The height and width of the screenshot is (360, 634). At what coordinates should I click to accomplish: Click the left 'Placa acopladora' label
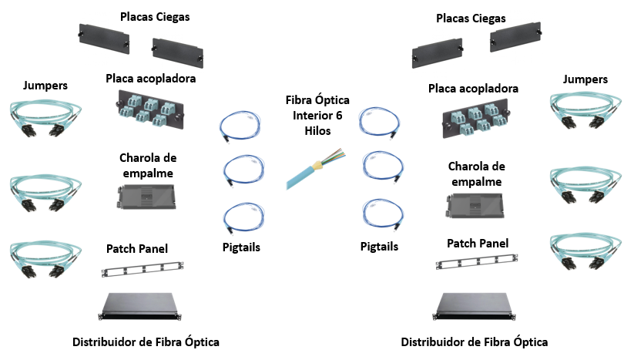151,79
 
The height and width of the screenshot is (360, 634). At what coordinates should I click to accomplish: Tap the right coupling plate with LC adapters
475,119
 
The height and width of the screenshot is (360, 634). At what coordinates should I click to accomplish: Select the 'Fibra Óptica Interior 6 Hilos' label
317,116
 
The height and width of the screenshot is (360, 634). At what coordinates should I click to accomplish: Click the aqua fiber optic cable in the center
316,169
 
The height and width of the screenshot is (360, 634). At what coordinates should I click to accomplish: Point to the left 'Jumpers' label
45,86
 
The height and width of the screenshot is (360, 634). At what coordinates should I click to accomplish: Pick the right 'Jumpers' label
585,79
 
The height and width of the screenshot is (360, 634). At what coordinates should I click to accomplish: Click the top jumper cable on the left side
45,119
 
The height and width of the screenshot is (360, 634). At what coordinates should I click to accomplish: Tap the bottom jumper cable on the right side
586,251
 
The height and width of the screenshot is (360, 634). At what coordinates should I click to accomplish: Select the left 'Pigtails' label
241,247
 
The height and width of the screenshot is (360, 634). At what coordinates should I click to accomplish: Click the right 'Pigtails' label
379,247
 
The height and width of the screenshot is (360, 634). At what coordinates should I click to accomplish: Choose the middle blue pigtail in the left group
243,170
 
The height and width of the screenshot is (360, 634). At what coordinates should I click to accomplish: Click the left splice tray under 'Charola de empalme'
146,197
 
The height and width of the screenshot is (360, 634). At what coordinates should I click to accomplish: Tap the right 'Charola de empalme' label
477,174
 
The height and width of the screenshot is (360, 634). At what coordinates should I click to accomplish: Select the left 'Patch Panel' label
137,249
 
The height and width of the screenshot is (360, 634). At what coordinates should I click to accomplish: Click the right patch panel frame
477,261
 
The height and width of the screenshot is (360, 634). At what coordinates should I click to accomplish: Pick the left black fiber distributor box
140,307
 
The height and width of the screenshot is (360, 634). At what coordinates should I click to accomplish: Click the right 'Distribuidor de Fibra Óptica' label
475,342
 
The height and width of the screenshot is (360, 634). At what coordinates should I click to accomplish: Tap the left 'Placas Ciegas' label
155,17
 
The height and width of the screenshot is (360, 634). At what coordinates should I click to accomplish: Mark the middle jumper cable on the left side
45,193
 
